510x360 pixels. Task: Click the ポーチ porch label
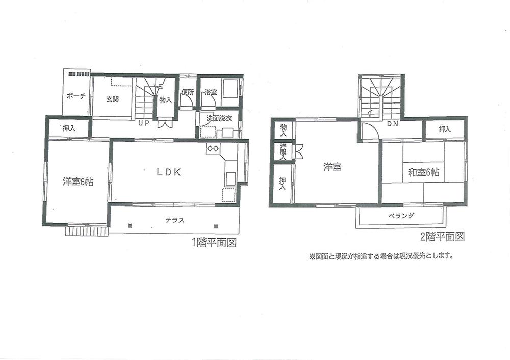pyautogui.click(x=76, y=96)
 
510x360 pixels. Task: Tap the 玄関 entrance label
pyautogui.click(x=113, y=99)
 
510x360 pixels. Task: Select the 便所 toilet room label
pyautogui.click(x=187, y=92)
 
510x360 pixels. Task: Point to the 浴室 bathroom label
pyautogui.click(x=210, y=92)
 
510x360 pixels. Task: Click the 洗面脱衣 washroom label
pyautogui.click(x=219, y=118)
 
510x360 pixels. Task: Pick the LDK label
pyautogui.click(x=169, y=172)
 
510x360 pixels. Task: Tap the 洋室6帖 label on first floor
pyautogui.click(x=78, y=182)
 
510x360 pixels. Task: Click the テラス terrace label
pyautogui.click(x=174, y=220)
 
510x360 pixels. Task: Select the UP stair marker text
pyautogui.click(x=143, y=123)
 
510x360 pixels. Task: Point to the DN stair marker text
pyautogui.click(x=392, y=124)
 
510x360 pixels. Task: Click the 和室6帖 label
pyautogui.click(x=423, y=173)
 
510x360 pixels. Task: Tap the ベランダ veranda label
pyautogui.click(x=401, y=216)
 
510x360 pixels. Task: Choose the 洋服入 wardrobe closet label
pyautogui.click(x=283, y=151)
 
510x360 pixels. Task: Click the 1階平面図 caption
pyautogui.click(x=214, y=243)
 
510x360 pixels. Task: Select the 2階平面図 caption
pyautogui.click(x=442, y=236)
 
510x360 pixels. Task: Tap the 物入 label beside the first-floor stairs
pyautogui.click(x=165, y=100)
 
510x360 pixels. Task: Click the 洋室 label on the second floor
pyautogui.click(x=332, y=167)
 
